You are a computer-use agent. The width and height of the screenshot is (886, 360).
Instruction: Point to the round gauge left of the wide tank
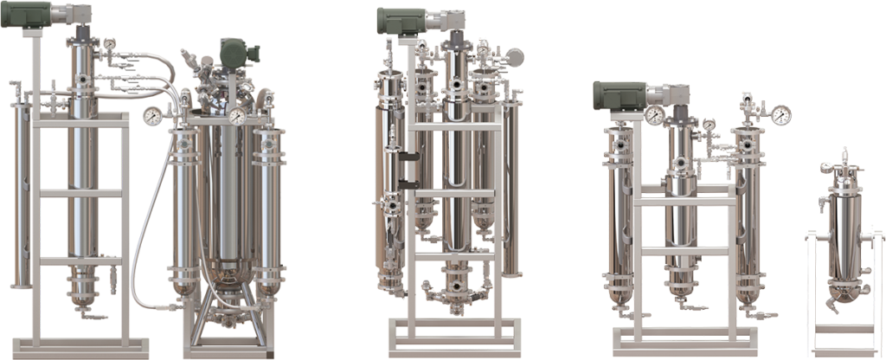(x=153, y=114)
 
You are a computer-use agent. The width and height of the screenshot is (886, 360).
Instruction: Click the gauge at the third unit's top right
(x=782, y=113)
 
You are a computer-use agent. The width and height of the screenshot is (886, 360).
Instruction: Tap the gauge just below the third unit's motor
(x=654, y=115)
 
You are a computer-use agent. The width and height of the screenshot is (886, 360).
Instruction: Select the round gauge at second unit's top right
(x=516, y=56)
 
